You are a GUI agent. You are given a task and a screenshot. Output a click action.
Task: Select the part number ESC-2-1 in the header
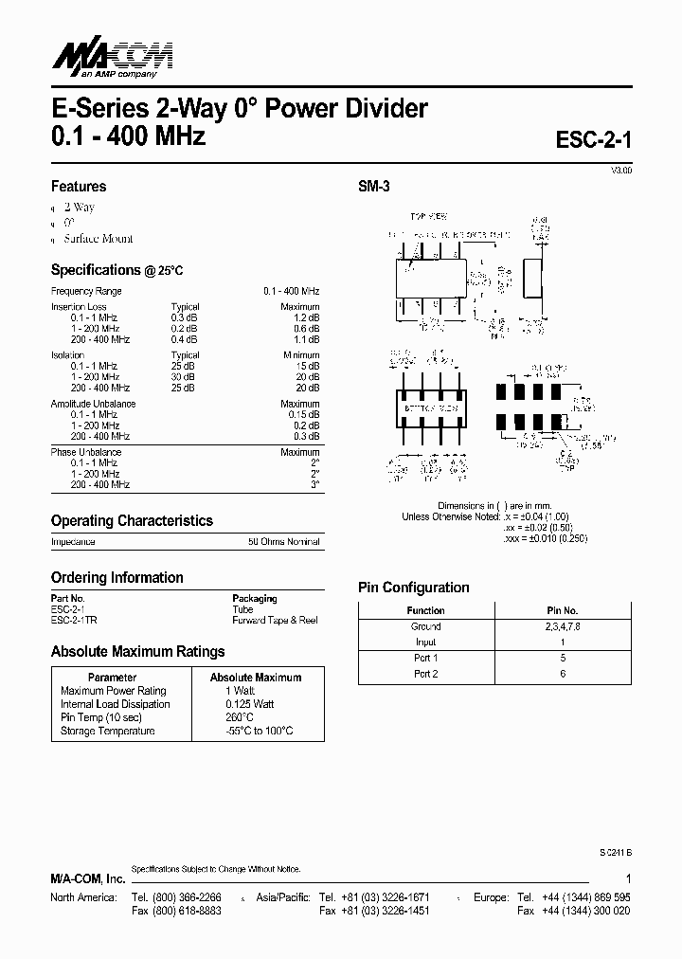(x=593, y=139)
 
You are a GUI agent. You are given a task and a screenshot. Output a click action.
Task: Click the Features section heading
(x=79, y=187)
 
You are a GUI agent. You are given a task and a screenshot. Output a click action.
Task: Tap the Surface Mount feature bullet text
(x=99, y=239)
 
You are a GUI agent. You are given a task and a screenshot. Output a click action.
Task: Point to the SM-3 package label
(x=374, y=187)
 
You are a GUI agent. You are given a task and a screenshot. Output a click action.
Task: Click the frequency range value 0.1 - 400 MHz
(x=291, y=291)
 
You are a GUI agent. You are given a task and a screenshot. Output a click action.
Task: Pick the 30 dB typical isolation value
(x=184, y=377)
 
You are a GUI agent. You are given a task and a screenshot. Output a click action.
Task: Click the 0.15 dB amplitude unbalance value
(x=300, y=414)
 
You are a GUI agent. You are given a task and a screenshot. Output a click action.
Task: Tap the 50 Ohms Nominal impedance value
(x=284, y=542)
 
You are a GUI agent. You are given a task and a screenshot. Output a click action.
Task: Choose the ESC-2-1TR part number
(x=75, y=620)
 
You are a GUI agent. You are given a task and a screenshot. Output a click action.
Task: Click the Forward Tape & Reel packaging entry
(x=275, y=620)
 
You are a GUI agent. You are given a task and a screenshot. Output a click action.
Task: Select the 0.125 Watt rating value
(x=250, y=704)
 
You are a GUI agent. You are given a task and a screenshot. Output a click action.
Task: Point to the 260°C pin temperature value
(x=240, y=717)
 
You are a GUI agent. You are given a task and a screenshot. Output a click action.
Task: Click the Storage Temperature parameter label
(x=107, y=731)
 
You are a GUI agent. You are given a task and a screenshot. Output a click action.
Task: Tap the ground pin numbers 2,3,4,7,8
(x=562, y=626)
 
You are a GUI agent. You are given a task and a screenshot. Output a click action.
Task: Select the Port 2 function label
(x=425, y=674)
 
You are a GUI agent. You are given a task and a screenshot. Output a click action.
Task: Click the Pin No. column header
(x=562, y=610)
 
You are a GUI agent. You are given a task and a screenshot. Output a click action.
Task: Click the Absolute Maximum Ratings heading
(x=137, y=652)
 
